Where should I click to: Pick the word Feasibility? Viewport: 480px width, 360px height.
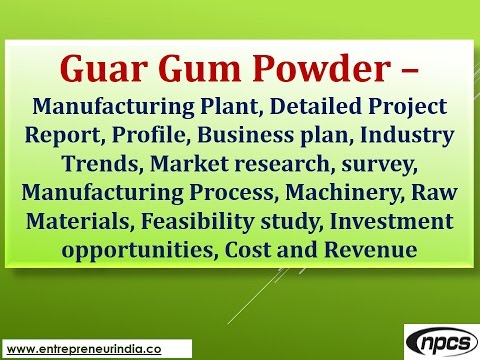click(197, 216)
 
